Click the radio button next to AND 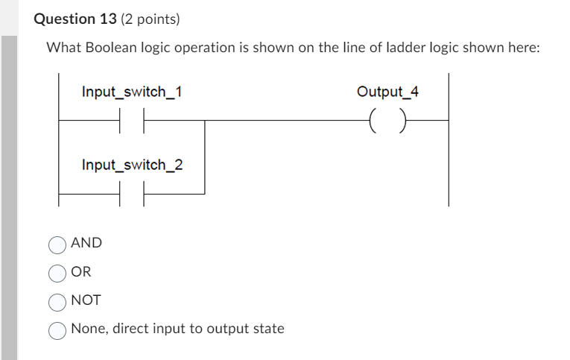(57, 244)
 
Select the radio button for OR (57, 274)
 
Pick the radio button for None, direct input (57, 330)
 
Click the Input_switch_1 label (132, 92)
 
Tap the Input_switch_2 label (132, 164)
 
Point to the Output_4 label (387, 92)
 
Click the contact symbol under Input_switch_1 (131, 119)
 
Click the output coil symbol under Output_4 (387, 119)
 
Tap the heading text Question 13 (75, 19)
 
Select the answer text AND (86, 243)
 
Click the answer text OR (81, 272)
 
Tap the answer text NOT (86, 301)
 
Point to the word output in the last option (229, 329)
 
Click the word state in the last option (268, 329)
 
